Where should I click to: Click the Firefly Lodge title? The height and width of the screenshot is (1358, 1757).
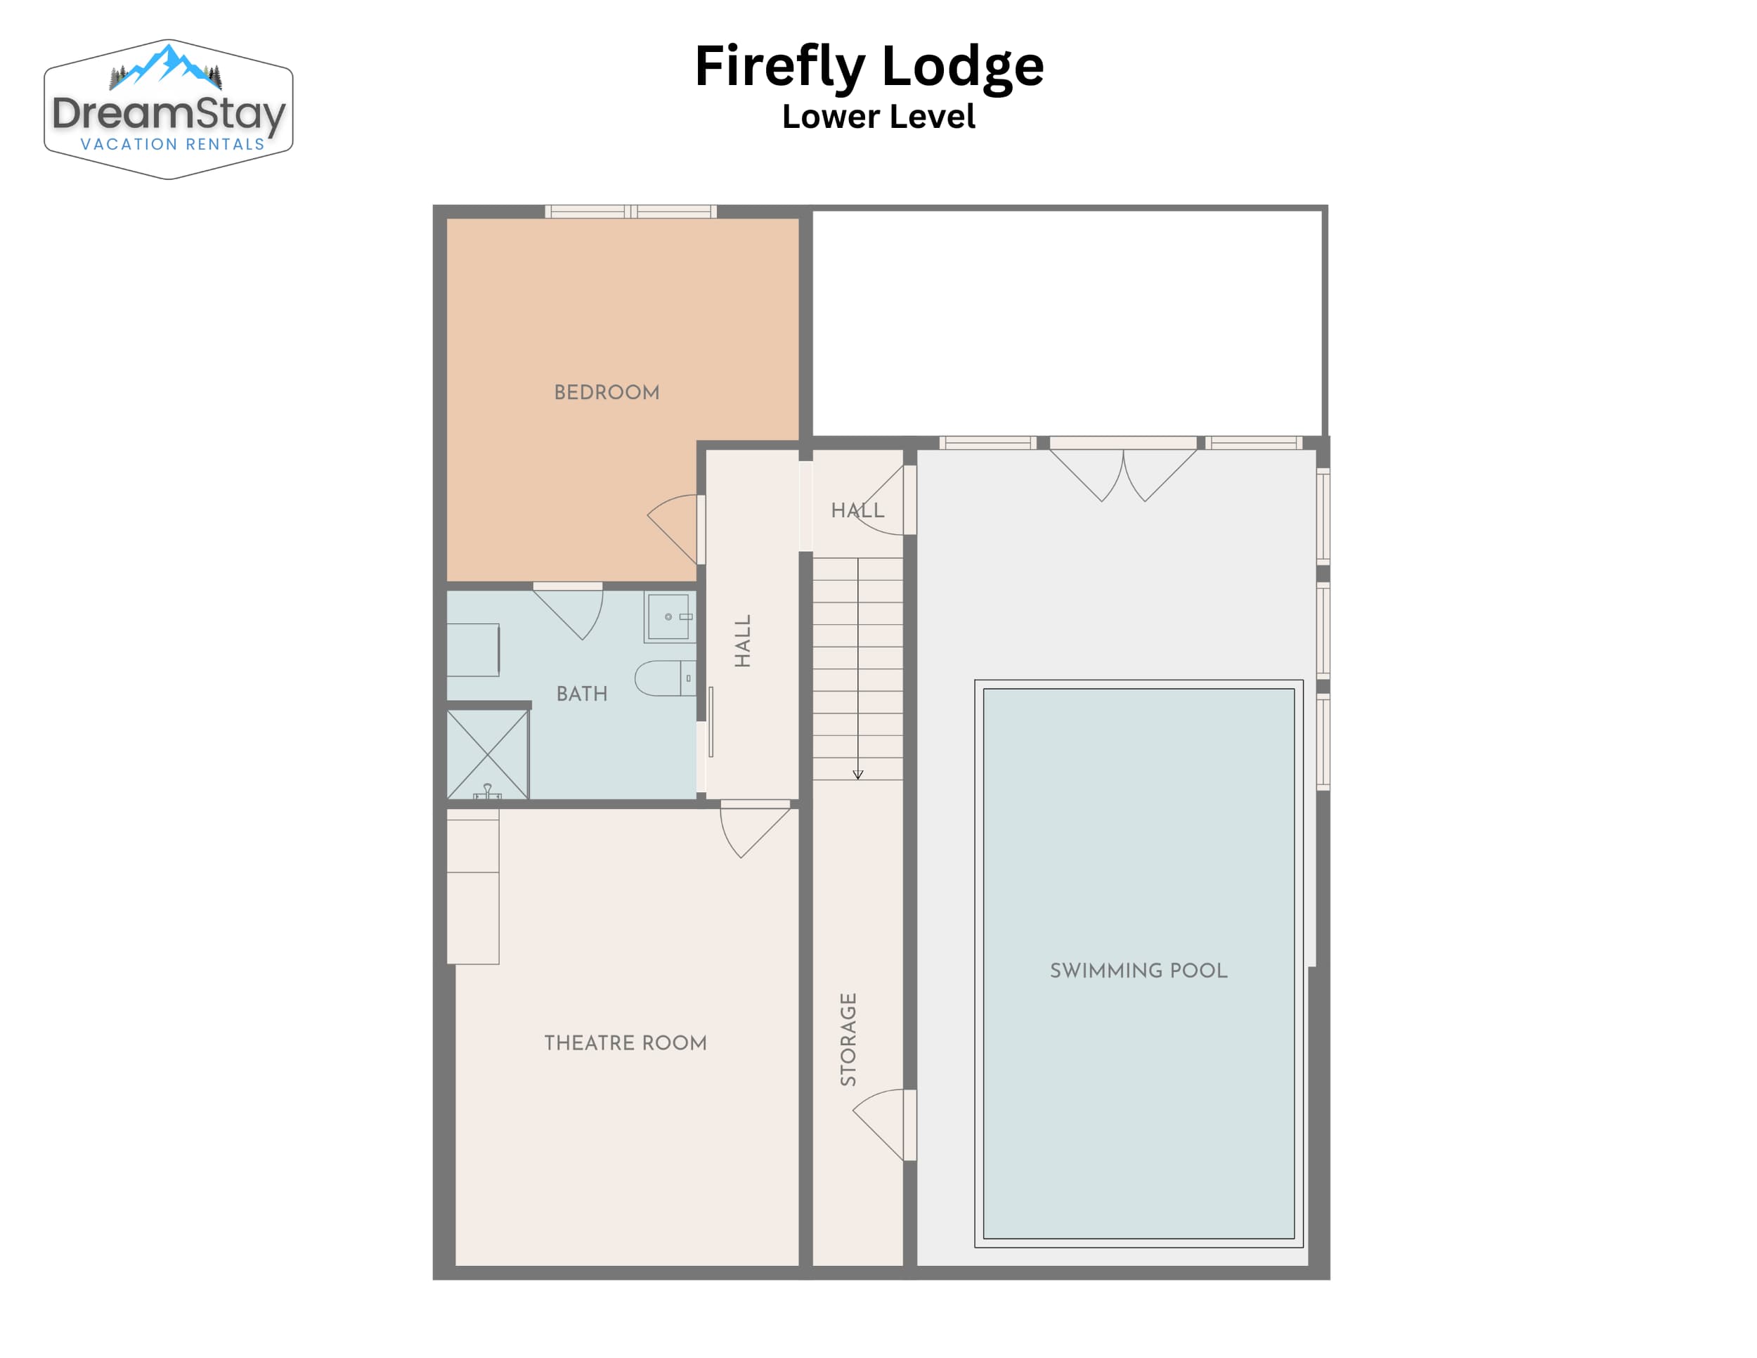coord(869,67)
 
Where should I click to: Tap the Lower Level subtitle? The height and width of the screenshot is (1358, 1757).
coord(878,117)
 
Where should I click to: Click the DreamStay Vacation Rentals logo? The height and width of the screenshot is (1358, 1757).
coord(168,110)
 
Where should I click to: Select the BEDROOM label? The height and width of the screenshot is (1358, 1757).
coord(607,393)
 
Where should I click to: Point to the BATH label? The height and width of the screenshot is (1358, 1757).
coord(582,694)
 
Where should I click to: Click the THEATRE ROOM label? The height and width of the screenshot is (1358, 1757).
coord(625,1042)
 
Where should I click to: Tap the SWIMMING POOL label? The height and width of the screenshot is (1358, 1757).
coord(1139,970)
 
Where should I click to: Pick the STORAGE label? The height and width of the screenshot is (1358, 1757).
coord(848,1040)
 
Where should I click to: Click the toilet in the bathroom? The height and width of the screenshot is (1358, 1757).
coord(666,678)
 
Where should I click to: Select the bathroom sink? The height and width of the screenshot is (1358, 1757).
coord(669,617)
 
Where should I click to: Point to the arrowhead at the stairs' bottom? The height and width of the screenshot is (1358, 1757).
coord(857,775)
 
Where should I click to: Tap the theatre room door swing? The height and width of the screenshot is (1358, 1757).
coord(754,829)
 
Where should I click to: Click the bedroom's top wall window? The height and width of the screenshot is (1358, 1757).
coord(630,212)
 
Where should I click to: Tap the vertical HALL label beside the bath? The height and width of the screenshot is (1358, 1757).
coord(743,641)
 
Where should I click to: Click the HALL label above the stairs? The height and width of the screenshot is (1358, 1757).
coord(857,510)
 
